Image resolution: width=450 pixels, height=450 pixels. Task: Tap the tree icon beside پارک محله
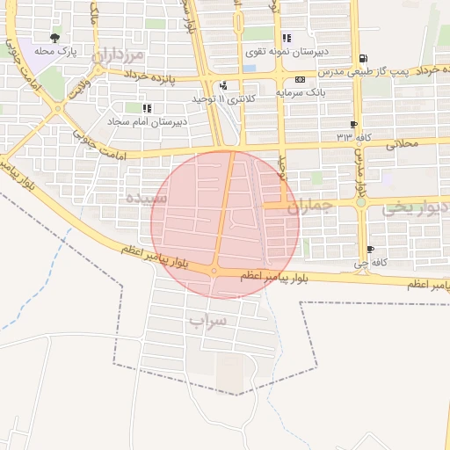coord(55,38)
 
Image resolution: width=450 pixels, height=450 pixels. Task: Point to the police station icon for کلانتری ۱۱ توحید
coord(224,86)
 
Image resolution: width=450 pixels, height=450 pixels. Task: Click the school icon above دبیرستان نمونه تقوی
coord(287,38)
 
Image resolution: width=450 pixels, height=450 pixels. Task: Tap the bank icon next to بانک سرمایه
coord(301,78)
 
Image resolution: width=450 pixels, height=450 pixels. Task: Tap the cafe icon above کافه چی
coord(371,250)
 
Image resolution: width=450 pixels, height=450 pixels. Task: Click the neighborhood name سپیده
coord(145,195)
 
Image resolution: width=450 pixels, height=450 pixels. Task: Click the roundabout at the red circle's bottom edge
coord(214,271)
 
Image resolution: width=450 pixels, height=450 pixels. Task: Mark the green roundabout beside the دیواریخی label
coord(360,204)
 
